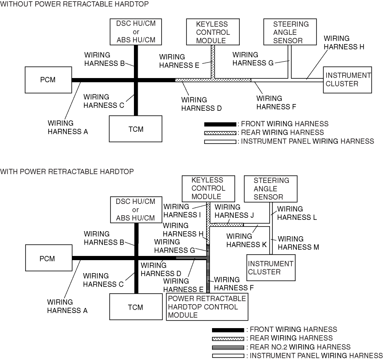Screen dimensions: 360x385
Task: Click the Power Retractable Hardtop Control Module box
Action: (207, 307)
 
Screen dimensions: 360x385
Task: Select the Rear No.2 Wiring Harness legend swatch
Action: (228, 347)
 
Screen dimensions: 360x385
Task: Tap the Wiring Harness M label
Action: (298, 243)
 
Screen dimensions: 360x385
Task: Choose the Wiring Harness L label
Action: (296, 213)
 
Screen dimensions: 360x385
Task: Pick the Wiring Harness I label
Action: (182, 211)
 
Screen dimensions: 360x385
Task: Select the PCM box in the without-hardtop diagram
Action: (48, 80)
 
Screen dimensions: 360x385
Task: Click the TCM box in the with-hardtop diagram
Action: (135, 307)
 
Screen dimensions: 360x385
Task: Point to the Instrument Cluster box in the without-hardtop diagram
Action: (348, 80)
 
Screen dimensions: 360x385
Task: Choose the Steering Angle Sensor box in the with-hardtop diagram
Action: (271, 189)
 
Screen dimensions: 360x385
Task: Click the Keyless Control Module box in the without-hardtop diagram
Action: (213, 32)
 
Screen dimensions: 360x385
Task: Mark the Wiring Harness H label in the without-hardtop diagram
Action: (343, 42)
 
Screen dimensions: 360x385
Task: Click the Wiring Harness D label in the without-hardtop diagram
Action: (201, 104)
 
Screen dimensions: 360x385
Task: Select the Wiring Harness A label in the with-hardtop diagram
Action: (67, 306)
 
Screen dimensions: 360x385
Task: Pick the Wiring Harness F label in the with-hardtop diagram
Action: (234, 284)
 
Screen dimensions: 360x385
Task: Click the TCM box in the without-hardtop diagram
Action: (136, 129)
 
